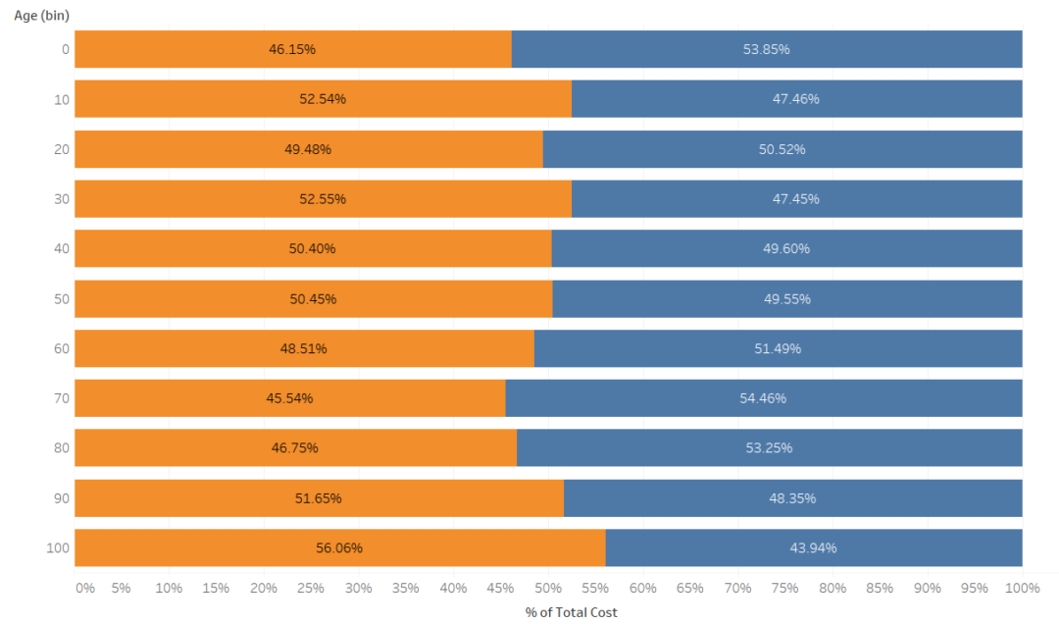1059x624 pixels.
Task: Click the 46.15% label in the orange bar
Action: [292, 49]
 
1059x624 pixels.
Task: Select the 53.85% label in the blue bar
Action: [766, 49]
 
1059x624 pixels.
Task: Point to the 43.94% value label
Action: [813, 547]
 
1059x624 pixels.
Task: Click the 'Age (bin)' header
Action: [41, 16]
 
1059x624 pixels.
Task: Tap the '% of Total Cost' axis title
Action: [572, 612]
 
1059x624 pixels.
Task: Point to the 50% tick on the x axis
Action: [548, 588]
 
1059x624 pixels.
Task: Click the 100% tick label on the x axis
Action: [1022, 588]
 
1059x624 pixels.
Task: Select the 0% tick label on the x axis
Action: [85, 588]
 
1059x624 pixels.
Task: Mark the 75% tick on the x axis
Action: [784, 588]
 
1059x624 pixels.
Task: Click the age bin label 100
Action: [58, 547]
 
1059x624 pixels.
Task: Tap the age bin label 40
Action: [61, 249]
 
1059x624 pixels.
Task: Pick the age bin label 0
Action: [65, 49]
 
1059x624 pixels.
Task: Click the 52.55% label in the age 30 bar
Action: [323, 199]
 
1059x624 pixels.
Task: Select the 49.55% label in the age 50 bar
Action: [787, 299]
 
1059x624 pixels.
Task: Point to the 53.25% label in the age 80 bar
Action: [769, 448]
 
